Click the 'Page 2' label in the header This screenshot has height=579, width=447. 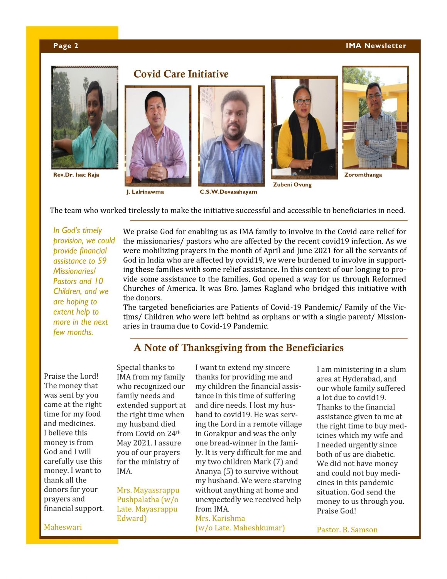tap(66, 46)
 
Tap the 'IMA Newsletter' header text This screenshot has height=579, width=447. tap(376, 46)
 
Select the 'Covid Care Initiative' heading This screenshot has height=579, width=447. tap(181, 74)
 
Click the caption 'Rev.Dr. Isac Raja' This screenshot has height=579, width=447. tap(76, 175)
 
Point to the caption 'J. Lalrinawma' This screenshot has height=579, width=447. tap(145, 192)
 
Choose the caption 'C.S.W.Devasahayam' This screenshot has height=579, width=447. tap(228, 192)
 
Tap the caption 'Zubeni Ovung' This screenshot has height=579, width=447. tap(292, 185)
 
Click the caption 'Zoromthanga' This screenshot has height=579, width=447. tap(363, 175)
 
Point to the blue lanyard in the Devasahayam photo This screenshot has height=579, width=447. tap(231, 162)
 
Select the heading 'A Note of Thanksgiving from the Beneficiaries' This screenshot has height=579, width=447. tap(238, 348)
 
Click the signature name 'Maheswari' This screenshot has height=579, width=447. tap(63, 527)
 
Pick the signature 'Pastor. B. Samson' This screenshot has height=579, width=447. tap(347, 530)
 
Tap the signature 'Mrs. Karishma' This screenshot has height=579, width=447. tap(220, 518)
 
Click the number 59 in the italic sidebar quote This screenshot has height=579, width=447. tap(102, 261)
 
